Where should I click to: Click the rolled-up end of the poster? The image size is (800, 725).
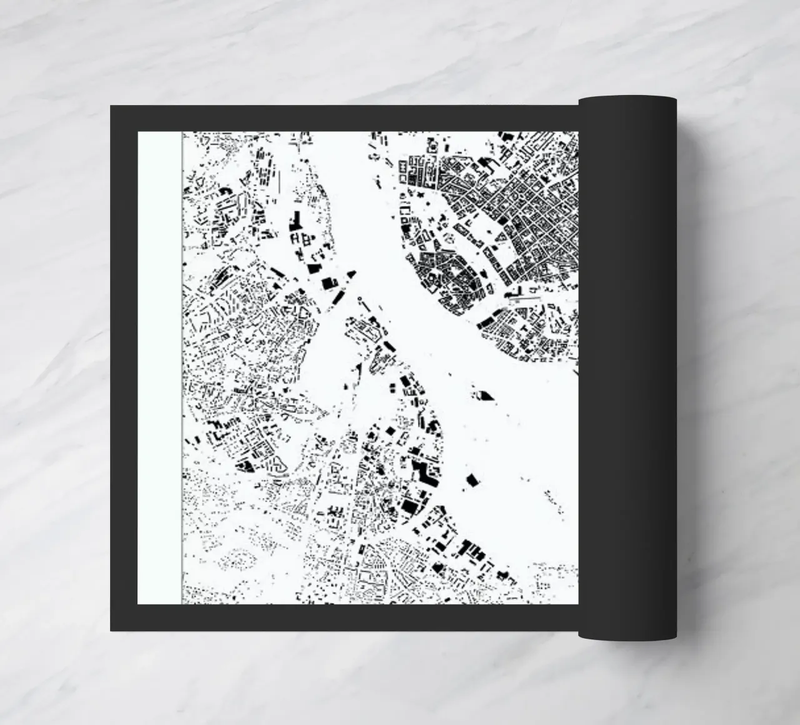[627, 369]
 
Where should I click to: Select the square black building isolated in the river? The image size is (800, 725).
[472, 479]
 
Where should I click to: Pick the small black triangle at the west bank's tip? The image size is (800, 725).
[351, 274]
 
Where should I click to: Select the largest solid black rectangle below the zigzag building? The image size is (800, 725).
[409, 505]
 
